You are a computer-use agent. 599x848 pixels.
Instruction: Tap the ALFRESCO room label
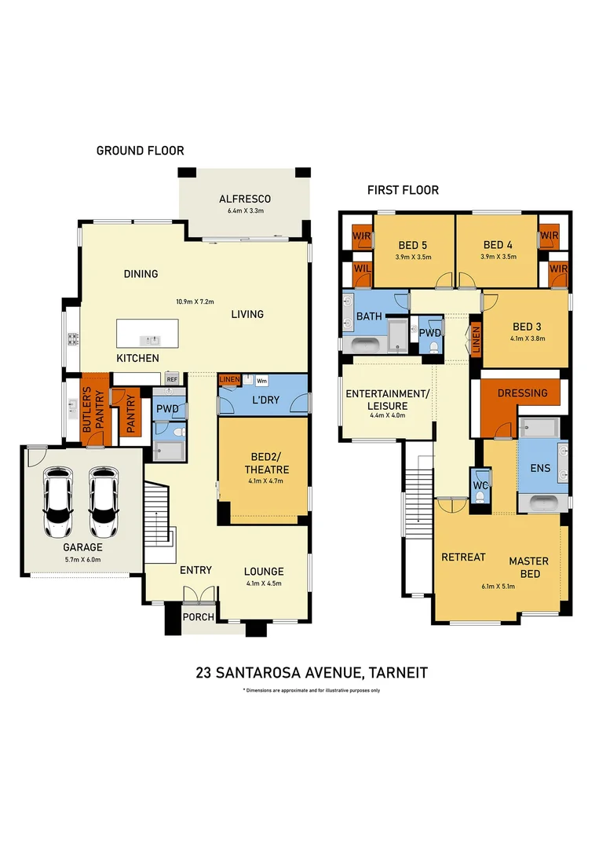[x=244, y=199]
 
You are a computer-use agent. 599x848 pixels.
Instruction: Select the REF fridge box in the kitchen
[x=172, y=378]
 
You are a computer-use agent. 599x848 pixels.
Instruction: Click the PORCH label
[x=199, y=616]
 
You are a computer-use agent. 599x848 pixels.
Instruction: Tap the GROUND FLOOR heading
[x=140, y=151]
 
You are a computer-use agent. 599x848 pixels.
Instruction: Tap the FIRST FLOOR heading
[x=403, y=190]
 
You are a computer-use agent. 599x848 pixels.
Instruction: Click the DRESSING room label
[x=522, y=393]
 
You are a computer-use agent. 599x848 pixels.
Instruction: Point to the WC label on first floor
[x=480, y=486]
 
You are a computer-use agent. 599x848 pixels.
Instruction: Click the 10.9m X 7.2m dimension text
[x=195, y=301]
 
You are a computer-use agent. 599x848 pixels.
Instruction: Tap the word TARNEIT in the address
[x=396, y=673]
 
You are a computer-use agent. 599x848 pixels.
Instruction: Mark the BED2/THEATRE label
[x=263, y=463]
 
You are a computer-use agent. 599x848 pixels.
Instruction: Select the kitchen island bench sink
[x=149, y=340]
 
